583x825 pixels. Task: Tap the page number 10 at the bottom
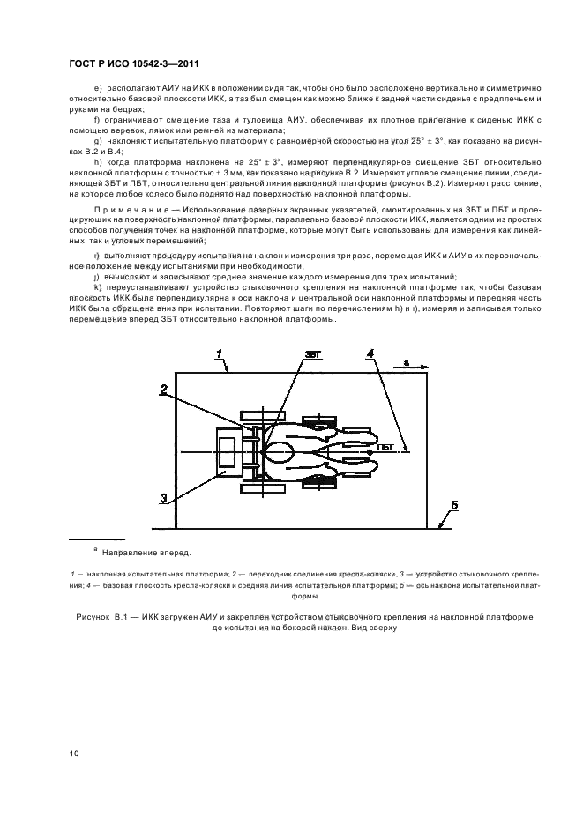click(x=75, y=752)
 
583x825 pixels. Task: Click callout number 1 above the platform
click(x=220, y=354)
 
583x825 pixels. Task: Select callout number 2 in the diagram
click(x=164, y=389)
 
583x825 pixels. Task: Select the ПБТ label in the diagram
click(x=385, y=448)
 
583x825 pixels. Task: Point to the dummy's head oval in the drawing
click(x=280, y=451)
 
